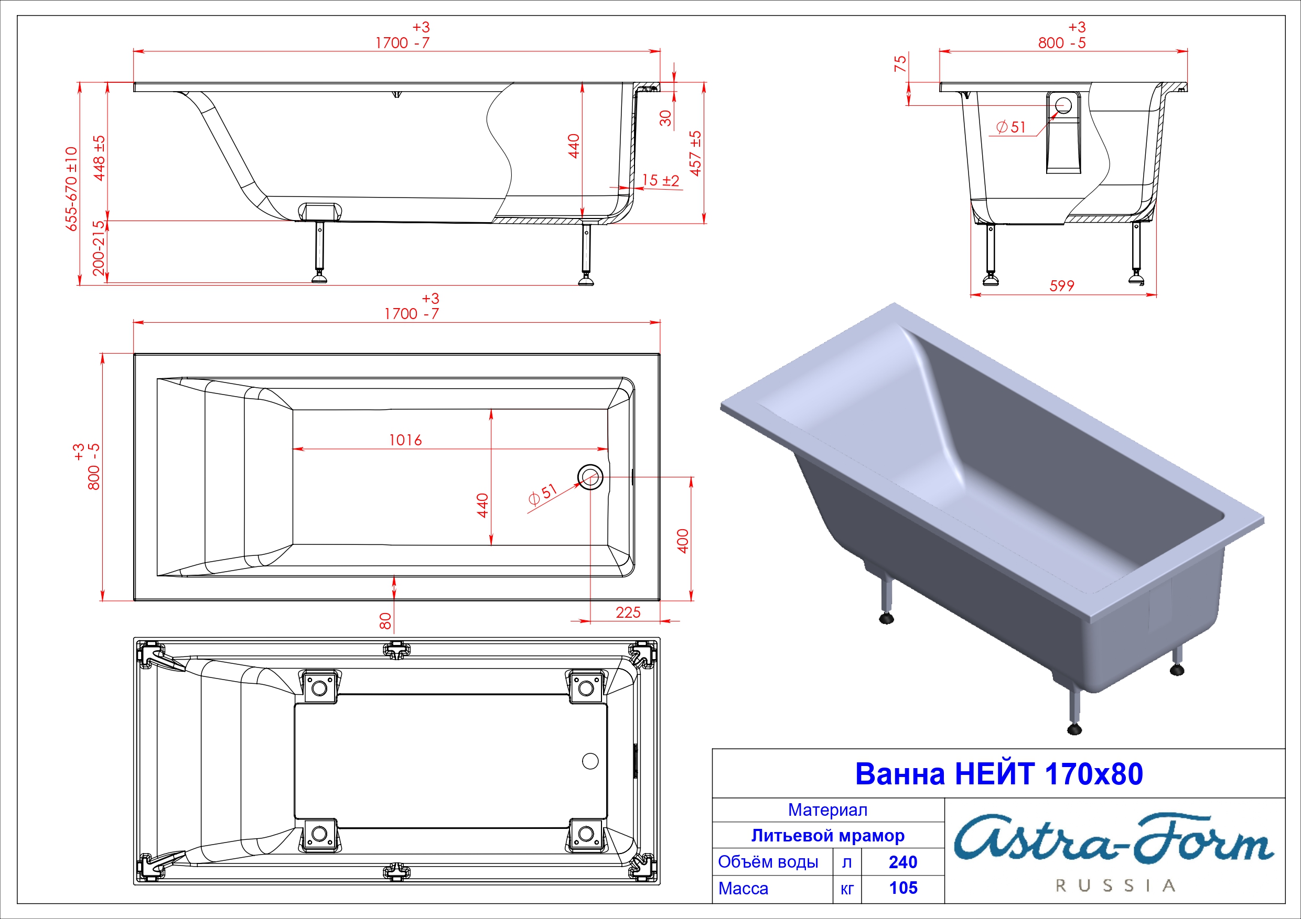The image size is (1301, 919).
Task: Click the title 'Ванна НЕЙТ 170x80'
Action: tap(998, 774)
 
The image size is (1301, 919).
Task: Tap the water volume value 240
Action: tap(902, 862)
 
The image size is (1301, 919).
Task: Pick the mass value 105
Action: tap(903, 888)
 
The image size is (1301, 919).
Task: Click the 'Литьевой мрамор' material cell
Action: tap(828, 836)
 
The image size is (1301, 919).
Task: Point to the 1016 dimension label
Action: tap(405, 440)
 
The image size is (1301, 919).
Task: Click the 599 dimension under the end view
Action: tap(1061, 286)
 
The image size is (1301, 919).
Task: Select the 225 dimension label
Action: tap(628, 612)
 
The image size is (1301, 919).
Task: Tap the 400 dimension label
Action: tap(683, 541)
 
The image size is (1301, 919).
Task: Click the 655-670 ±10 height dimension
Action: tap(71, 189)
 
